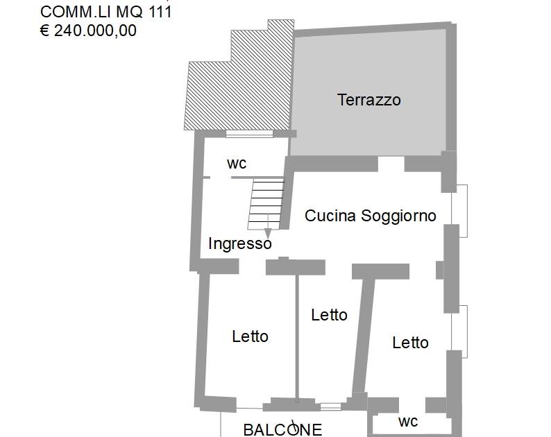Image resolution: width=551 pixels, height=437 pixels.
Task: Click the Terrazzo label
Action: pyautogui.click(x=369, y=100)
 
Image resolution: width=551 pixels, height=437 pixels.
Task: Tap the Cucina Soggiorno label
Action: pyautogui.click(x=371, y=216)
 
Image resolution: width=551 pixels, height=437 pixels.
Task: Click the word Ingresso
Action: pyautogui.click(x=240, y=243)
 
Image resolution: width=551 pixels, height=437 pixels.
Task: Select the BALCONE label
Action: pyautogui.click(x=282, y=429)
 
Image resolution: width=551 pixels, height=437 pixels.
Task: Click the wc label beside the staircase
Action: pyautogui.click(x=237, y=164)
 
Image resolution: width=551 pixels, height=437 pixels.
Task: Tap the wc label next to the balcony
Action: pyautogui.click(x=408, y=422)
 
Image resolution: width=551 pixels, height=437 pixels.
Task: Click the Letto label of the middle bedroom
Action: pyautogui.click(x=329, y=315)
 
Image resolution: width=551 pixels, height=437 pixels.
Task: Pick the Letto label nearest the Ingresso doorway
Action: pyautogui.click(x=251, y=336)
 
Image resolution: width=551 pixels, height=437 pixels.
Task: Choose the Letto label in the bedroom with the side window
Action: pyautogui.click(x=410, y=343)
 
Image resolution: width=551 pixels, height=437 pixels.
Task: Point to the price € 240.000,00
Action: pyautogui.click(x=88, y=31)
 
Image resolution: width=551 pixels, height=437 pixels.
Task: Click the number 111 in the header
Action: pyautogui.click(x=160, y=12)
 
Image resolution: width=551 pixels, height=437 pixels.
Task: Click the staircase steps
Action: pyautogui.click(x=266, y=204)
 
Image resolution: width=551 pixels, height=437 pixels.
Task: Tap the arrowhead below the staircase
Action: pyautogui.click(x=268, y=233)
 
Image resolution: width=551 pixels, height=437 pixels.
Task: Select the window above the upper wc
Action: pyautogui.click(x=249, y=133)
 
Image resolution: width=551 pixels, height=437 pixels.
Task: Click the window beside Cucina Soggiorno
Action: pyautogui.click(x=459, y=211)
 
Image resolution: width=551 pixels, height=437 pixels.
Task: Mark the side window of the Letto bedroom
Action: pyautogui.click(x=459, y=332)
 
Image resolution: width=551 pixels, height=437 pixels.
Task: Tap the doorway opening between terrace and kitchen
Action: pyautogui.click(x=391, y=164)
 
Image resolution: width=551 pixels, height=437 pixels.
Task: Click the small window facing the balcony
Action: pyautogui.click(x=331, y=406)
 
